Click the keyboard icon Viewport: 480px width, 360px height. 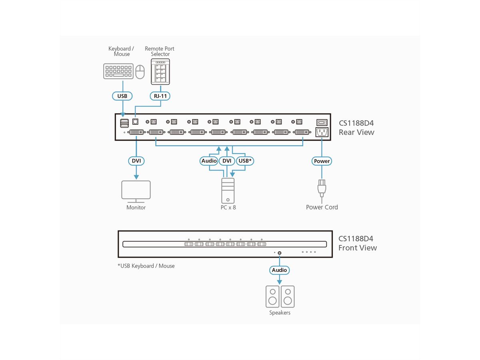(118, 71)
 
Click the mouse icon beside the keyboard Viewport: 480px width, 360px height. (140, 72)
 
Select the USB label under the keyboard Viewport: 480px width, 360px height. (122, 96)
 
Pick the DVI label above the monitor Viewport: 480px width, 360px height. (136, 161)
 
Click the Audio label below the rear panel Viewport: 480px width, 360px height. (209, 161)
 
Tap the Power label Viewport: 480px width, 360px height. (322, 161)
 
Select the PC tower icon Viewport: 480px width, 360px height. (228, 190)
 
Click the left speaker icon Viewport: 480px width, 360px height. (272, 296)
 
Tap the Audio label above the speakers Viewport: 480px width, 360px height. (279, 270)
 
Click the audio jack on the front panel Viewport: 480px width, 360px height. (279, 252)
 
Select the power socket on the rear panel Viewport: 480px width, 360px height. (322, 132)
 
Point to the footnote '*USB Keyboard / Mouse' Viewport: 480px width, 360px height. (146, 266)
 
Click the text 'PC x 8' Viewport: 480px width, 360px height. (228, 208)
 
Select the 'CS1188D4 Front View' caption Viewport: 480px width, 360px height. (357, 243)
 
